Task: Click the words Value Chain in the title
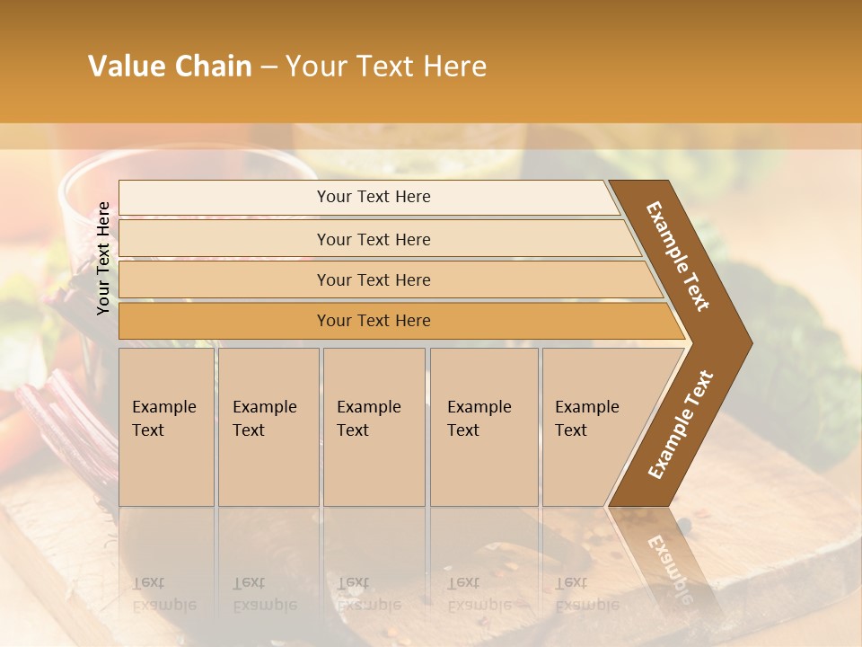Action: click(x=170, y=66)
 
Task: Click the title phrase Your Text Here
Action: click(x=386, y=66)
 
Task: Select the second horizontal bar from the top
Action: click(x=374, y=239)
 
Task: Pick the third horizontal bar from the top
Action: click(x=374, y=279)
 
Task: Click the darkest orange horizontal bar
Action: click(x=374, y=321)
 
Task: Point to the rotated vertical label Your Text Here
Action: click(x=104, y=258)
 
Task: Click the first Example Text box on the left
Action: click(x=166, y=427)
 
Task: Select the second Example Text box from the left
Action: click(x=268, y=427)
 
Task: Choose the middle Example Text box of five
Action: click(x=374, y=427)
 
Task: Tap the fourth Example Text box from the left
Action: click(x=484, y=427)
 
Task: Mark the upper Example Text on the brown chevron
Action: click(x=678, y=256)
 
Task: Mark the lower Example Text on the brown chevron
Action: click(x=680, y=424)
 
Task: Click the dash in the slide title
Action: click(x=268, y=66)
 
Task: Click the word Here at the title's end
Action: click(x=455, y=66)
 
